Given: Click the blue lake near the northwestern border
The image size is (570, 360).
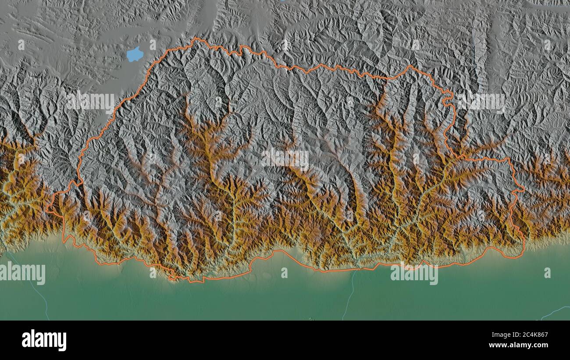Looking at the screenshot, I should click(x=135, y=54).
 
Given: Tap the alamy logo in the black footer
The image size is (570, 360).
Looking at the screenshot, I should click(x=44, y=340).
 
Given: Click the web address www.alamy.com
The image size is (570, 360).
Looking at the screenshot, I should click(x=522, y=346).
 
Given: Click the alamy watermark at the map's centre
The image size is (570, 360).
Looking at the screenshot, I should click(x=285, y=159).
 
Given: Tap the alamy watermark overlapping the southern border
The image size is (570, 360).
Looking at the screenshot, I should click(x=414, y=273).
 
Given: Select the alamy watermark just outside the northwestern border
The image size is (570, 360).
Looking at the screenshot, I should click(x=91, y=102).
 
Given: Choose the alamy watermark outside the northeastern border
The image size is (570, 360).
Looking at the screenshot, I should click(x=481, y=102).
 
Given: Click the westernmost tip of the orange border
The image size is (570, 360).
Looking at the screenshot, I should click(x=46, y=210).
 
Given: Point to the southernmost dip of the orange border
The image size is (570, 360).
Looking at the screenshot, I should click(x=191, y=281).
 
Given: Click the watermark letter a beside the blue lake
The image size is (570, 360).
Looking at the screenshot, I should click(x=153, y=45).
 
